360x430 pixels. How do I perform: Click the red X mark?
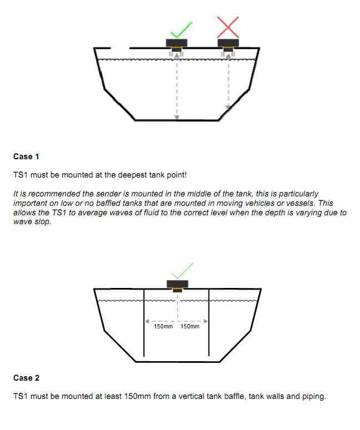click(x=228, y=27)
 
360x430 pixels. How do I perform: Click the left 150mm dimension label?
click(x=163, y=326)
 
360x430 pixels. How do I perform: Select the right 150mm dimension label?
click(x=190, y=326)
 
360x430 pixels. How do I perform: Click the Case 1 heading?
click(x=26, y=156)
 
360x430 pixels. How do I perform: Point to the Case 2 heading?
click(x=26, y=378)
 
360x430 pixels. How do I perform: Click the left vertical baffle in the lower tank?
click(x=144, y=323)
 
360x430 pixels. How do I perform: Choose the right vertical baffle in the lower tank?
click(x=209, y=322)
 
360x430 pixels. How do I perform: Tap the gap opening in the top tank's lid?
click(x=120, y=48)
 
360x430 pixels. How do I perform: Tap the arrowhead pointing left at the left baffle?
click(x=148, y=321)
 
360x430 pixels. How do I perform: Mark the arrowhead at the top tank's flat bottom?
click(x=177, y=118)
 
